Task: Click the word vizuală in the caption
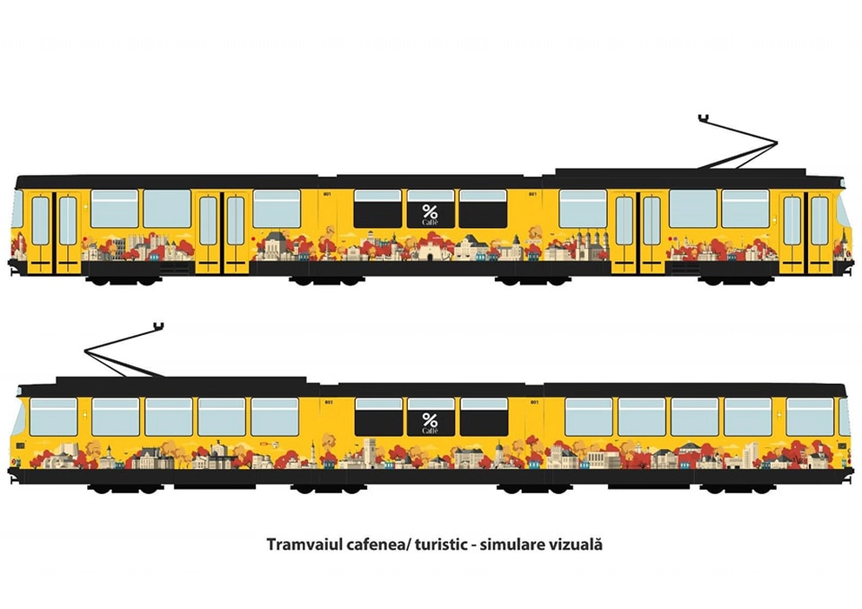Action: (x=575, y=545)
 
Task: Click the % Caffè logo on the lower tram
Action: (x=431, y=423)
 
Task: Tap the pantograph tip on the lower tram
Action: (x=157, y=326)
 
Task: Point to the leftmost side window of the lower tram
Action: (x=53, y=417)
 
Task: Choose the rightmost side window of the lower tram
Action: (x=809, y=417)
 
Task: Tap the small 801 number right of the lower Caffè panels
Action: (x=533, y=401)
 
